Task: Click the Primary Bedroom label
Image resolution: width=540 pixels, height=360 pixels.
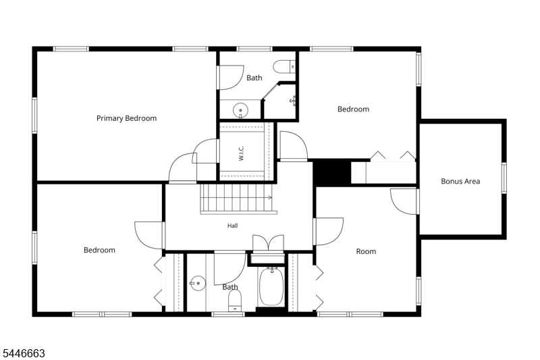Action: point(126,118)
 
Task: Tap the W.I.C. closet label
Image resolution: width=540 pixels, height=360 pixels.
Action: point(241,153)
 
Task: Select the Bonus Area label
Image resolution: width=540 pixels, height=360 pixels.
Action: point(460,181)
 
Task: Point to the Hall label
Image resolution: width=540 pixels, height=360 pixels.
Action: point(232,226)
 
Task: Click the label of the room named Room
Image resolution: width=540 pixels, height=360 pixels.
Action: point(366,251)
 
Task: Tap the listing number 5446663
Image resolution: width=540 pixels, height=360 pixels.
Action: point(24,353)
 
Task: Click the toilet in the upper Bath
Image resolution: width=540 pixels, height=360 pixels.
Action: point(284,66)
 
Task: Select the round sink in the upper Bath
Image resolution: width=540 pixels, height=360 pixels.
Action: point(240,110)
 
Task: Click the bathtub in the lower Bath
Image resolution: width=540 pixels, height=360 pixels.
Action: point(271,286)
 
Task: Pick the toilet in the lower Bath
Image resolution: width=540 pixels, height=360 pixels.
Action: point(235,301)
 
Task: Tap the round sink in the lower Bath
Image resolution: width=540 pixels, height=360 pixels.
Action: point(198,283)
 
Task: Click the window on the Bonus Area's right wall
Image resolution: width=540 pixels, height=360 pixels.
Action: point(504,178)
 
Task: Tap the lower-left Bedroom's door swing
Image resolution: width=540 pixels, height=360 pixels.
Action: point(148,235)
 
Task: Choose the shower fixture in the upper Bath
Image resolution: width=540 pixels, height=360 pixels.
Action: point(293,100)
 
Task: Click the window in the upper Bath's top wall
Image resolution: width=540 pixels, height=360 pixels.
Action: point(254,49)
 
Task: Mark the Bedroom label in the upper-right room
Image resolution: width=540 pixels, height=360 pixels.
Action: point(353,109)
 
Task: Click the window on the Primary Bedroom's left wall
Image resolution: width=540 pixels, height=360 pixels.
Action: point(34,115)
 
